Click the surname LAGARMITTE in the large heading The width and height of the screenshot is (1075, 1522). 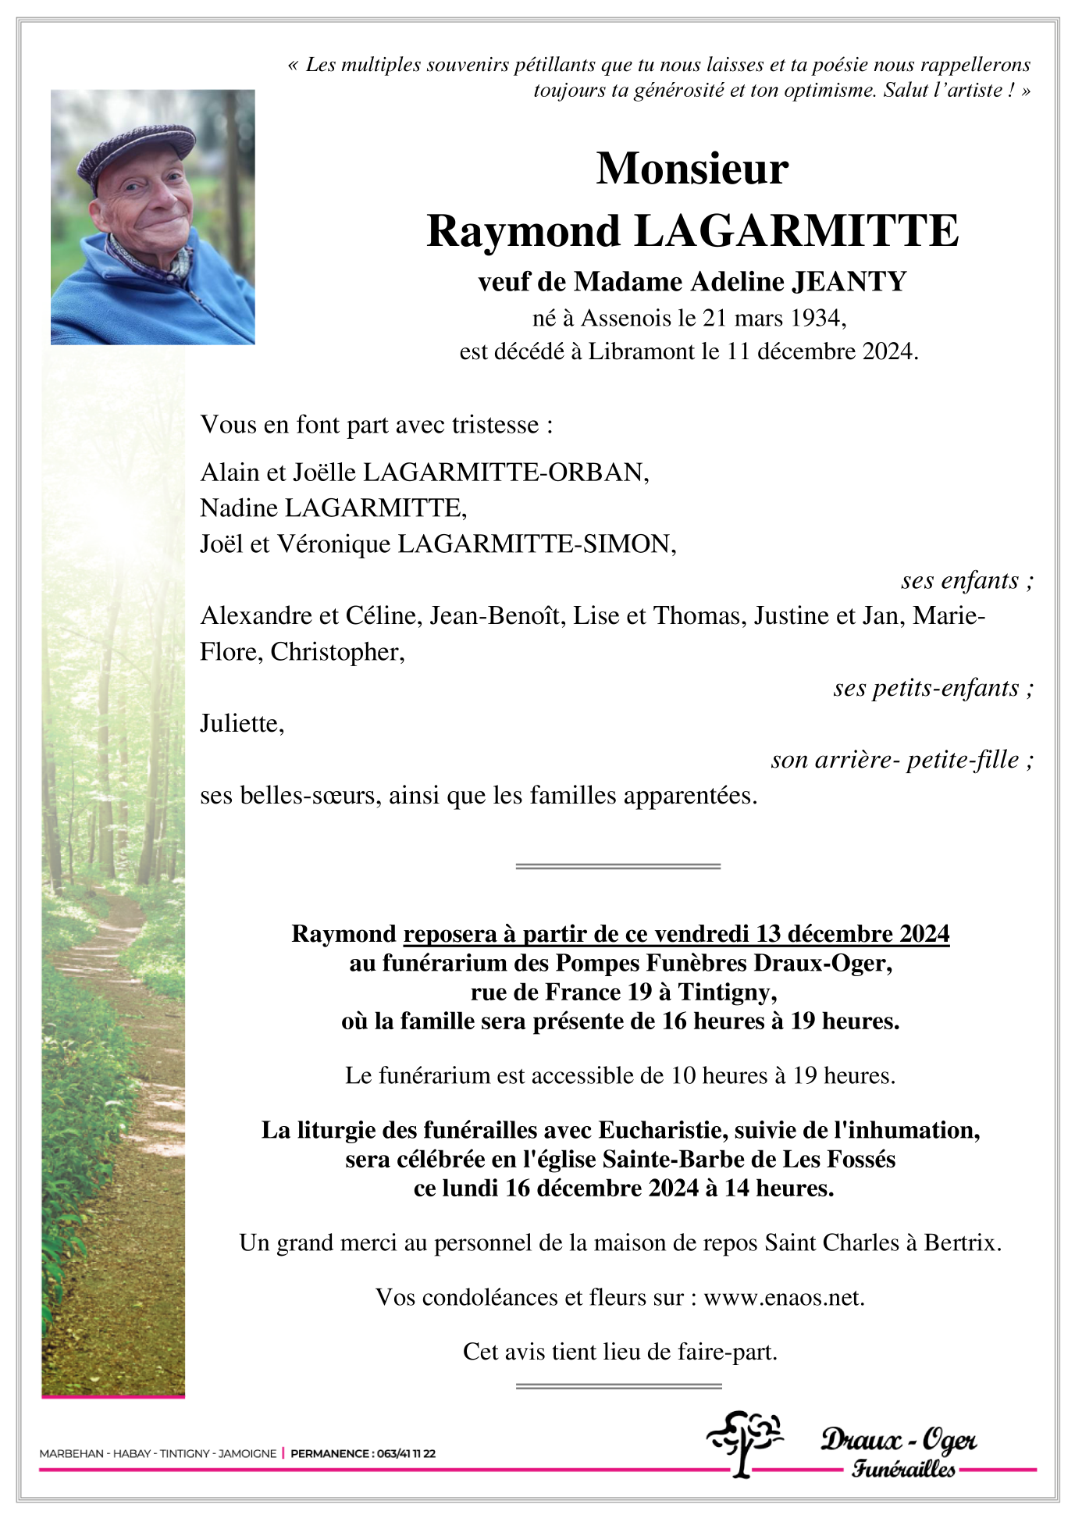click(x=796, y=231)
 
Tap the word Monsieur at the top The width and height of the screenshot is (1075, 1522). click(x=692, y=169)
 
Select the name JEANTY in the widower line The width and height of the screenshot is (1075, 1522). click(x=849, y=281)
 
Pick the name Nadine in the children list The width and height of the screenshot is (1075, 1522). click(x=239, y=508)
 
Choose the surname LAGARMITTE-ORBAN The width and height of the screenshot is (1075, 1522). click(x=504, y=472)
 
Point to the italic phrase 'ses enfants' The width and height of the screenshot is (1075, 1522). click(x=960, y=580)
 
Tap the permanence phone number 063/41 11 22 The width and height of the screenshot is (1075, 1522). click(x=406, y=1453)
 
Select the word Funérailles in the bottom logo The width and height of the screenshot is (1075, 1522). click(x=903, y=1469)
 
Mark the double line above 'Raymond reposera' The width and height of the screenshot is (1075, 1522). click(x=618, y=866)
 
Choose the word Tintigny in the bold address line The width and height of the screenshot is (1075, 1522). click(x=726, y=992)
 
